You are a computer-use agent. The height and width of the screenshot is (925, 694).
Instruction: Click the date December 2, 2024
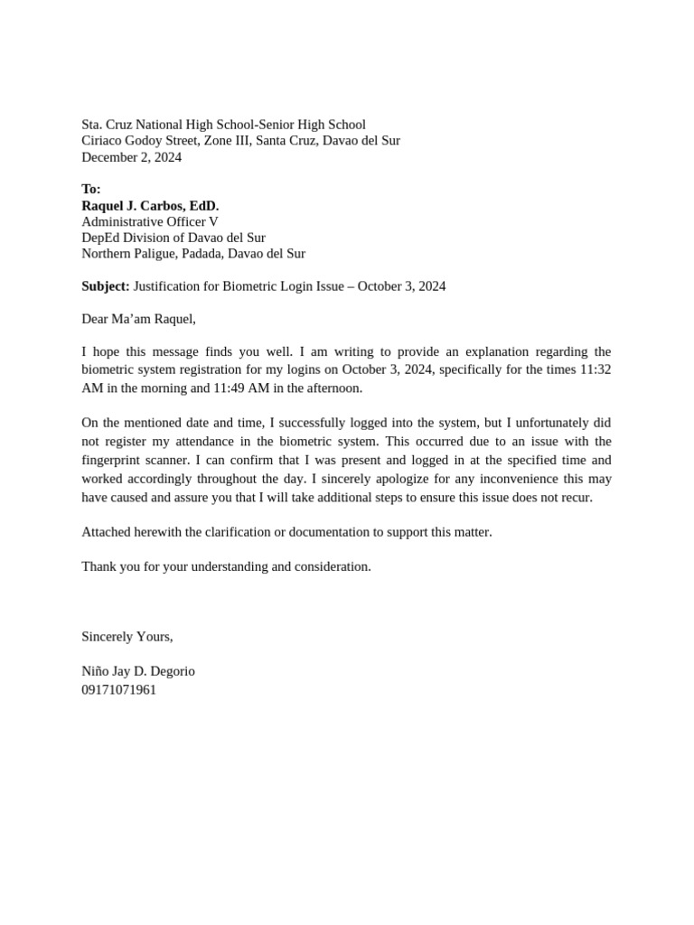point(131,157)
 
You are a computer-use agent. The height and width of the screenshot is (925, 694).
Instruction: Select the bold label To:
point(91,189)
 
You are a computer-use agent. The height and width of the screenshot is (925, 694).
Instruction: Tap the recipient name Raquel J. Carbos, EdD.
point(150,206)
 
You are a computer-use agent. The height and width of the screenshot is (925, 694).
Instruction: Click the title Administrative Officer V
point(150,221)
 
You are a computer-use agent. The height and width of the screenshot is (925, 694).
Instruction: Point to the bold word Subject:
point(106,286)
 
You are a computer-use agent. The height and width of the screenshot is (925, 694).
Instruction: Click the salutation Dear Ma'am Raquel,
point(138,319)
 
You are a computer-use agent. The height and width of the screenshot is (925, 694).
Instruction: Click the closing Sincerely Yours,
point(127,637)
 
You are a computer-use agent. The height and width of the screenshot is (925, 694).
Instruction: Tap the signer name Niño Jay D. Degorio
point(138,671)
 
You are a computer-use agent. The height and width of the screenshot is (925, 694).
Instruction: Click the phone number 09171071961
point(118,689)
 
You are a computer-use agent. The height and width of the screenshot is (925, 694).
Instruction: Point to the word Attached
point(107,532)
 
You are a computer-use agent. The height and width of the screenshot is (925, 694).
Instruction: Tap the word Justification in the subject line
point(171,286)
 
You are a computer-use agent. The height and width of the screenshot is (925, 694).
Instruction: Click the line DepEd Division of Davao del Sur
point(173,238)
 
